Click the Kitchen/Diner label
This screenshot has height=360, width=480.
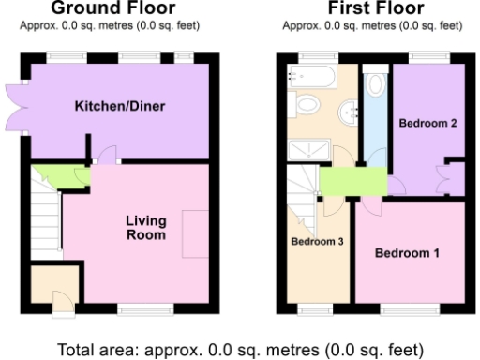coord(120,106)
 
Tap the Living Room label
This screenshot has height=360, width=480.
coord(146,228)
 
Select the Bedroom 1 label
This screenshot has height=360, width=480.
coord(407,253)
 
